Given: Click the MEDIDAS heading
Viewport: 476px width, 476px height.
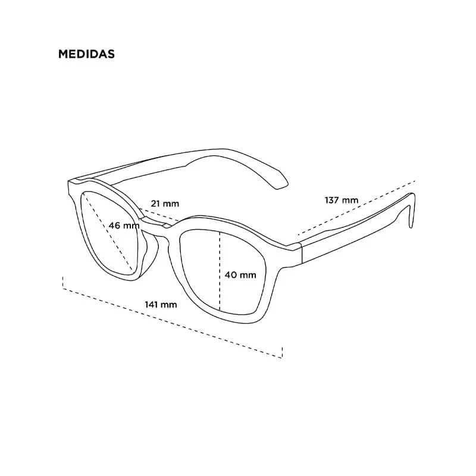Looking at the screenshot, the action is [x=86, y=54].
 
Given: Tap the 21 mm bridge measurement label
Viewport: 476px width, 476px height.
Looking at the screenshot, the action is [x=165, y=203].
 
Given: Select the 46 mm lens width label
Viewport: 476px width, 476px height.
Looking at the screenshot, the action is [x=124, y=226].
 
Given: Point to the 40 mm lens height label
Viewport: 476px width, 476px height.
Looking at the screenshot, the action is [x=240, y=275].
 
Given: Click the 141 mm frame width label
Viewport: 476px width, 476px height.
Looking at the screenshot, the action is [x=161, y=305].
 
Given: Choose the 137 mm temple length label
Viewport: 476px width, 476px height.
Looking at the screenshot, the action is [x=342, y=201].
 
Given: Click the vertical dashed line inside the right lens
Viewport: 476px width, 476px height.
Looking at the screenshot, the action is [x=220, y=271].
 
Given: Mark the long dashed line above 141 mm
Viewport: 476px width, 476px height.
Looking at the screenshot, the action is [x=173, y=323].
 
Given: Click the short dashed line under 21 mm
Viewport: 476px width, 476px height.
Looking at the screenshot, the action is [x=159, y=215].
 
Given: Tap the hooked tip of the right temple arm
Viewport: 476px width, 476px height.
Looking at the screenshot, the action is [x=411, y=212].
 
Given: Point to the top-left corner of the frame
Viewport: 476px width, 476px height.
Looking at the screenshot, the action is [x=68, y=182].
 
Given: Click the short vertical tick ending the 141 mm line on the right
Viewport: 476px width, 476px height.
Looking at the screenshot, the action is [x=282, y=353].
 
